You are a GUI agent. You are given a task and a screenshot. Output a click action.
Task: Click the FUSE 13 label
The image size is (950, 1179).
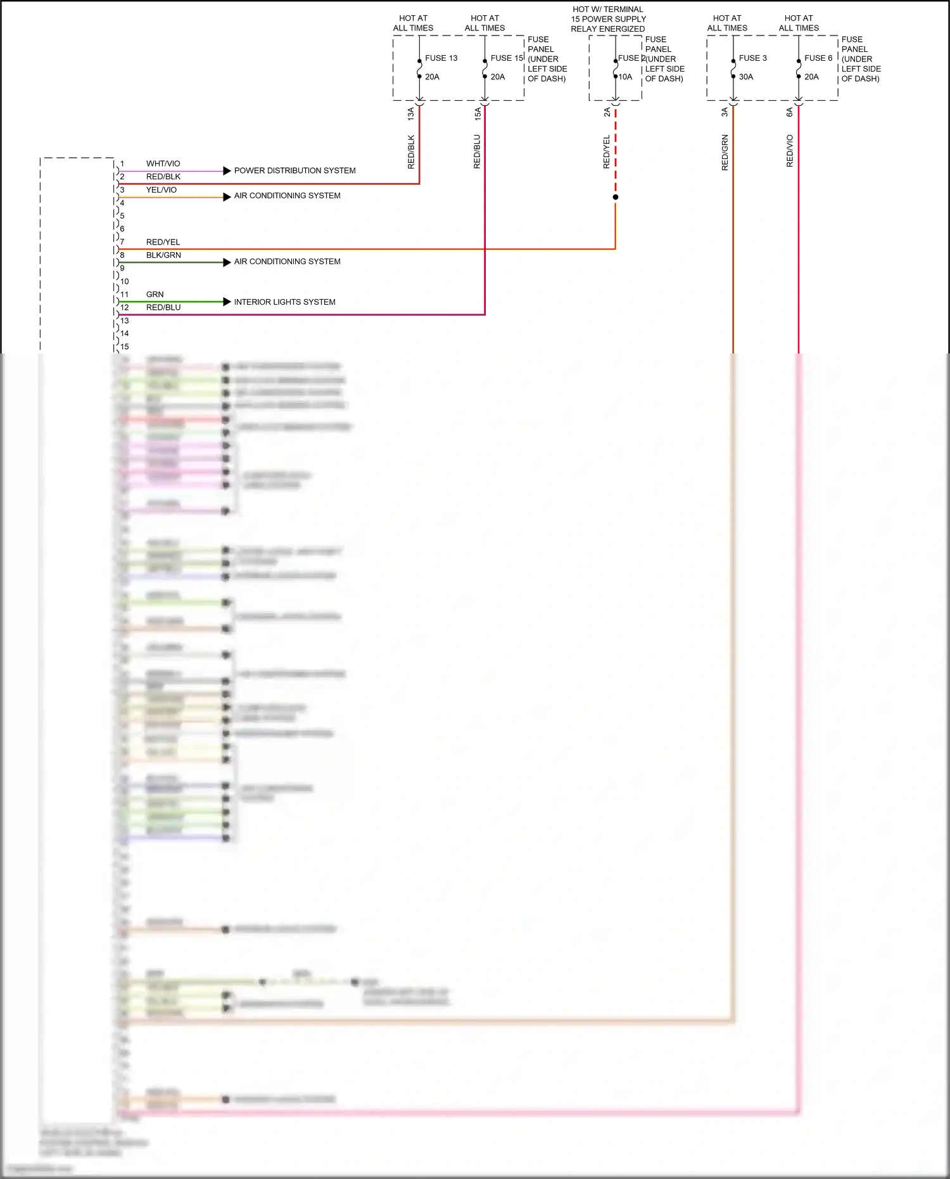441,58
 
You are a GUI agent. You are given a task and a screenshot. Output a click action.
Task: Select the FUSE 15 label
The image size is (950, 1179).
507,58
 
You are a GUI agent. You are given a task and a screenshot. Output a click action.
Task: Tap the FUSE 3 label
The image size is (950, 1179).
752,58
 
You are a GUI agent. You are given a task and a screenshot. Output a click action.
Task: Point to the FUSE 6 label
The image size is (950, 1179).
818,58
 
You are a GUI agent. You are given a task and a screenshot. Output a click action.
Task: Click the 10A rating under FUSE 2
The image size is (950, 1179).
625,77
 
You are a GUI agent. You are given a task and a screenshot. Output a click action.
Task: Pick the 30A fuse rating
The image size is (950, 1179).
746,77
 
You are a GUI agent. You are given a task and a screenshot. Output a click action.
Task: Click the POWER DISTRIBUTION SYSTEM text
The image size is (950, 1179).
294,171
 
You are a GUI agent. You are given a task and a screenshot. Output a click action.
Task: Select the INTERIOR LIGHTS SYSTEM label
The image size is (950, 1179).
284,302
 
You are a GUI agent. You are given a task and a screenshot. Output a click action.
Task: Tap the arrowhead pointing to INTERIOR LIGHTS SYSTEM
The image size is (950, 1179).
227,302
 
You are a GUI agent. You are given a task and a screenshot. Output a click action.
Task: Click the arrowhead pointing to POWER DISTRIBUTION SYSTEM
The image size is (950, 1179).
227,170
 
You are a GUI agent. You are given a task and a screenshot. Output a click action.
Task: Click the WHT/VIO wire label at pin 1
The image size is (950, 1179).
163,163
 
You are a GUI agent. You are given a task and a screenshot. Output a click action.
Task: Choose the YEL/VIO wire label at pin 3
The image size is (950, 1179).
161,190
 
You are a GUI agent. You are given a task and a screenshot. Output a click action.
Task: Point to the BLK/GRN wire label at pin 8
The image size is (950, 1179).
163,255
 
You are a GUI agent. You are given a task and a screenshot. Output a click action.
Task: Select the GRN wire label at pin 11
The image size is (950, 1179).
155,295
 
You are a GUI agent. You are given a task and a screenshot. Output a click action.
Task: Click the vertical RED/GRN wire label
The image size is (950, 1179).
725,153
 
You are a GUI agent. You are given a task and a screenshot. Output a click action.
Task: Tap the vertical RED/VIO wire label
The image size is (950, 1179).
790,151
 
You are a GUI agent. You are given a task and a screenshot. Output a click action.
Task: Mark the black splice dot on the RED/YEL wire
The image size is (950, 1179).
616,197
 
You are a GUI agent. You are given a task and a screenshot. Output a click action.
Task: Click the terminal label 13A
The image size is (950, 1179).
411,114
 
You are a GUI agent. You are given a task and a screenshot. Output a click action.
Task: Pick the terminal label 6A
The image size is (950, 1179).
790,112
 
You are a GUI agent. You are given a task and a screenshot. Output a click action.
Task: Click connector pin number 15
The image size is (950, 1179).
125,347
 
